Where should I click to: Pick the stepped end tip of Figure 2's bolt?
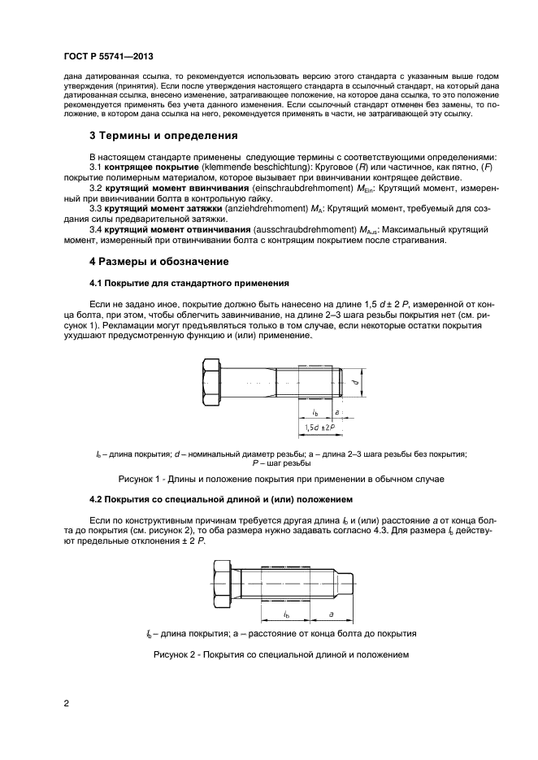(x=347, y=581)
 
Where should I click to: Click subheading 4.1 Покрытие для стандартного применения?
(x=188, y=284)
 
